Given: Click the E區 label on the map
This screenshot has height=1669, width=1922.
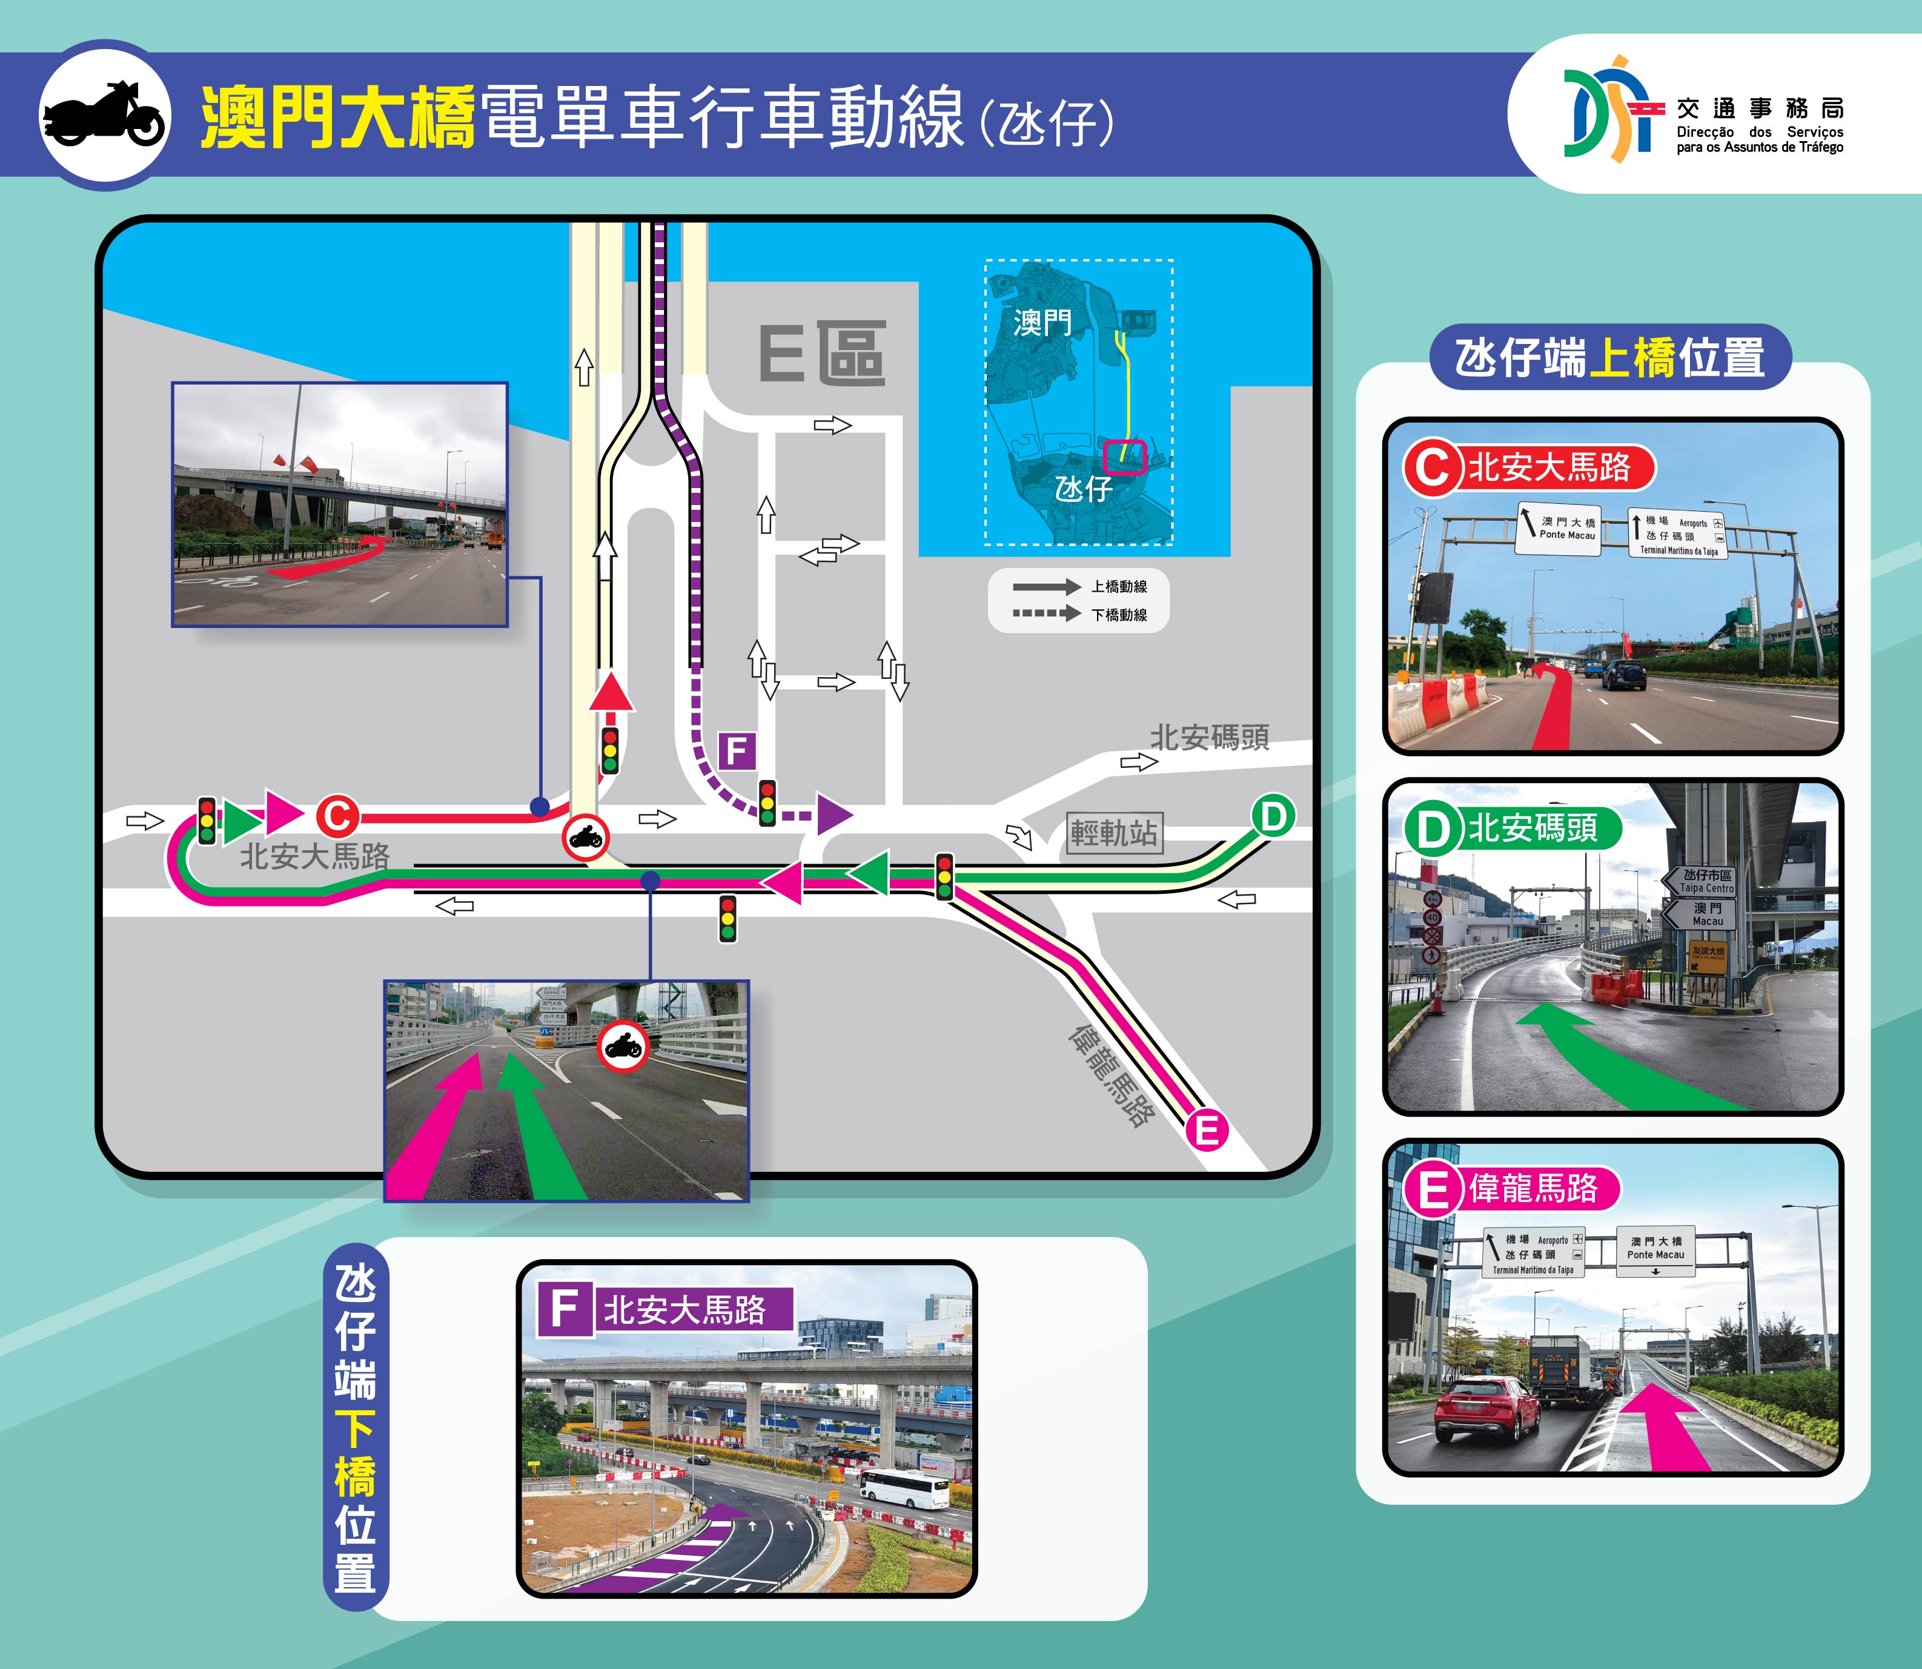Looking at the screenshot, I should [x=822, y=354].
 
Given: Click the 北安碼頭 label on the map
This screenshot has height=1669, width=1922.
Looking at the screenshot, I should [x=1209, y=738].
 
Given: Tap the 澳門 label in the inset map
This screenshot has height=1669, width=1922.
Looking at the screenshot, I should [x=1042, y=323].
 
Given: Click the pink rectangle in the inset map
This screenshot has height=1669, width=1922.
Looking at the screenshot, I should [x=1124, y=457].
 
